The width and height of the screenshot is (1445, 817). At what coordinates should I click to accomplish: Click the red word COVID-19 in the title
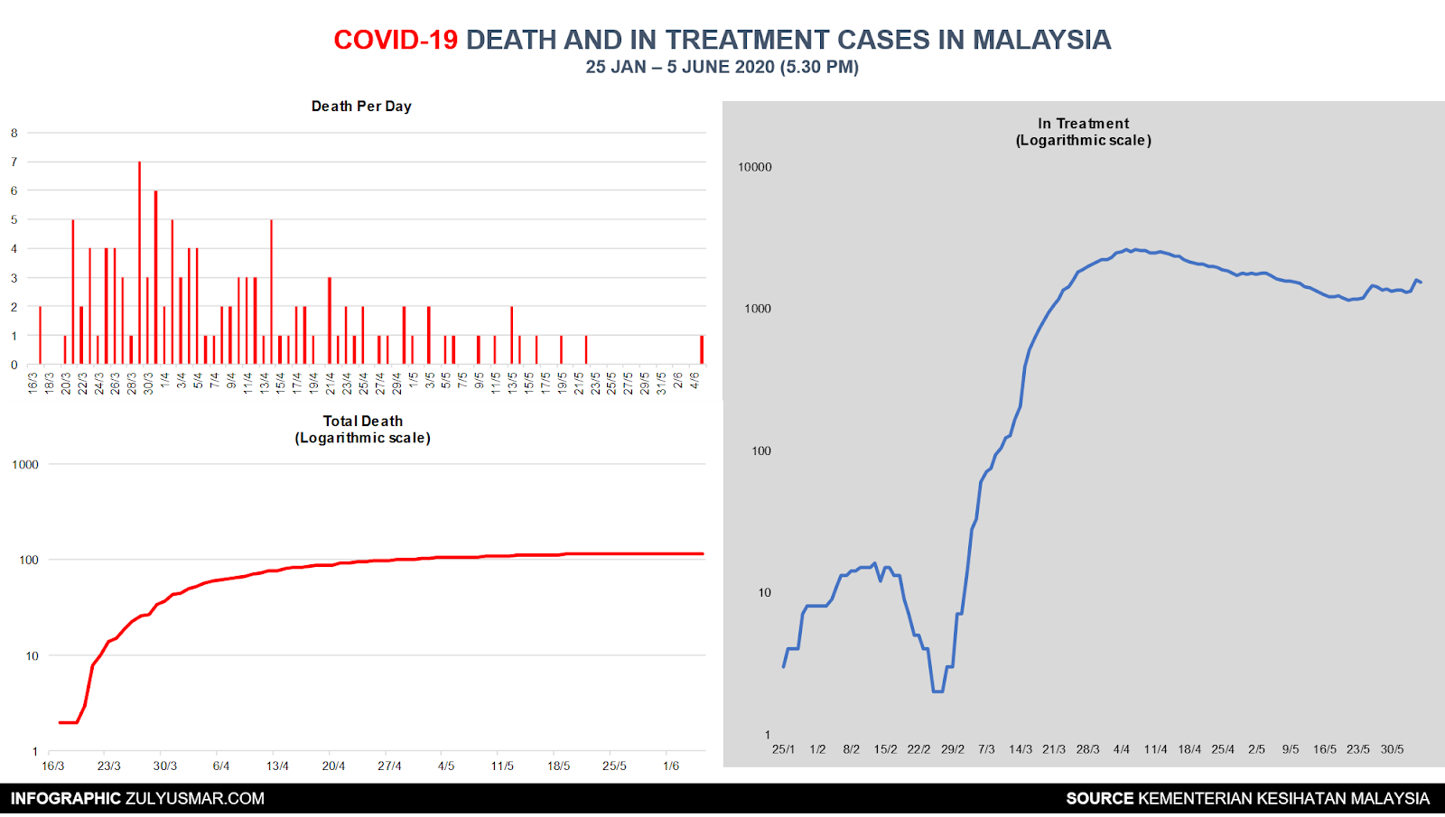(x=396, y=40)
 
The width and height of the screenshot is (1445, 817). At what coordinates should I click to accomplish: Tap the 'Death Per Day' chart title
(x=361, y=107)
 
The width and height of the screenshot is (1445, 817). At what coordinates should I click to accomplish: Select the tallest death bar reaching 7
(x=139, y=262)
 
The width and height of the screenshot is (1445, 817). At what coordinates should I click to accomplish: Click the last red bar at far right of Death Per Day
(x=702, y=349)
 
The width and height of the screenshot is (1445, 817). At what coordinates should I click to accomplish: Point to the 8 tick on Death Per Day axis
(x=14, y=133)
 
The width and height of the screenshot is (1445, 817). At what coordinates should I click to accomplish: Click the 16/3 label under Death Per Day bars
(x=33, y=383)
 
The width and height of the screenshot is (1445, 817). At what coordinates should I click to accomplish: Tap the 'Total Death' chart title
(x=363, y=422)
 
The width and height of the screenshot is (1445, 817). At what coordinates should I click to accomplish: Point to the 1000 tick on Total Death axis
(x=25, y=465)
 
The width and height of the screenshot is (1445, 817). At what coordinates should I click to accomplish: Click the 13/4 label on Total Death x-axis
(x=277, y=766)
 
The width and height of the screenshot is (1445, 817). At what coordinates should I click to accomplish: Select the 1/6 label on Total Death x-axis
(x=671, y=766)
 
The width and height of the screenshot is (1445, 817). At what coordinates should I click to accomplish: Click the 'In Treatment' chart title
(x=1083, y=124)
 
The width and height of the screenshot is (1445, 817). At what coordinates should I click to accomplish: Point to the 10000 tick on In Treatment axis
(x=755, y=167)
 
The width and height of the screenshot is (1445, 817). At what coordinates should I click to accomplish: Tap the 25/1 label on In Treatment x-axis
(x=783, y=749)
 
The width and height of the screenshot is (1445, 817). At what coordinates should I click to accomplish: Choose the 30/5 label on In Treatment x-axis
(x=1392, y=749)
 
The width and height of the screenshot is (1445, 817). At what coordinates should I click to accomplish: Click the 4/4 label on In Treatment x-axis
(x=1122, y=749)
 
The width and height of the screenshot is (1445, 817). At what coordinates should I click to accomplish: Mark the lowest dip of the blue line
(x=937, y=692)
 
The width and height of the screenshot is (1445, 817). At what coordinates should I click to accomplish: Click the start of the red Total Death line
(x=60, y=722)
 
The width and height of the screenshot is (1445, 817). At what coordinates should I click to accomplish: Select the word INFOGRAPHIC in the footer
(x=66, y=799)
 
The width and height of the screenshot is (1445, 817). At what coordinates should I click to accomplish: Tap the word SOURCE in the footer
(x=1099, y=799)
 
